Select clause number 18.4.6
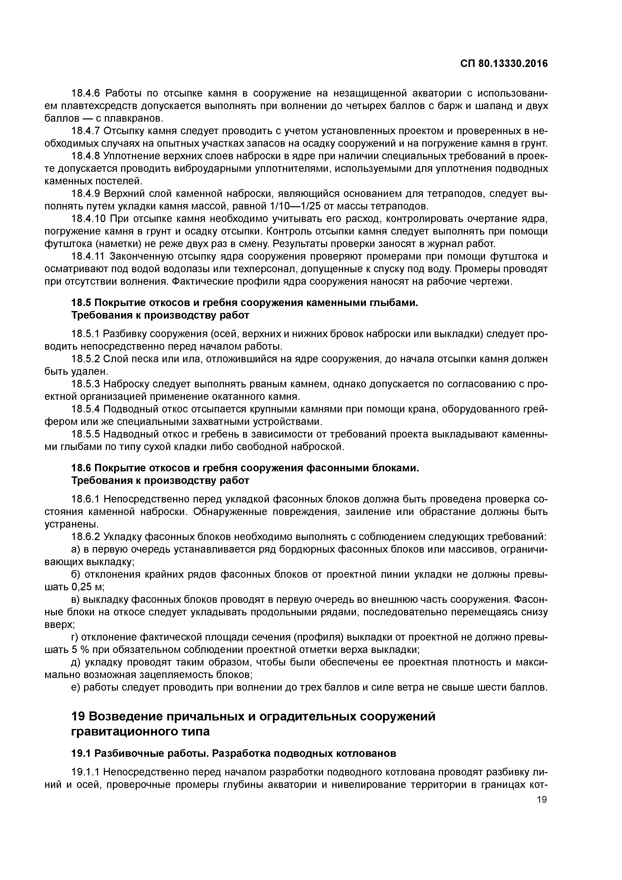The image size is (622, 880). click(x=87, y=94)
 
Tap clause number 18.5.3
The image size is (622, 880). click(x=87, y=384)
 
